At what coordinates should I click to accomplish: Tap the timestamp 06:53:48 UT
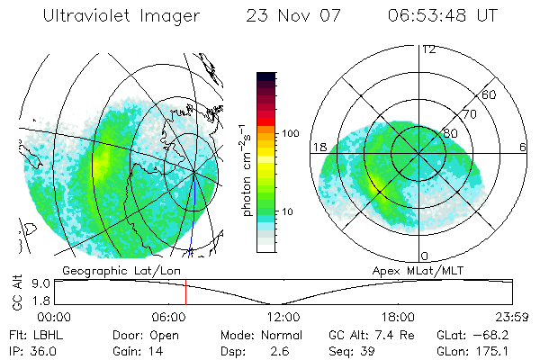[x=446, y=16]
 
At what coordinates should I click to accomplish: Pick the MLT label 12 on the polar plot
[x=428, y=49]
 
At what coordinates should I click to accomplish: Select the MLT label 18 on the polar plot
[x=318, y=147]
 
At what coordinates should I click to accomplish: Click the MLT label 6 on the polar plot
[x=523, y=147]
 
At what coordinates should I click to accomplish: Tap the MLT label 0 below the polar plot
[x=424, y=256]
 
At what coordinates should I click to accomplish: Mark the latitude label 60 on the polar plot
[x=490, y=94]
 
